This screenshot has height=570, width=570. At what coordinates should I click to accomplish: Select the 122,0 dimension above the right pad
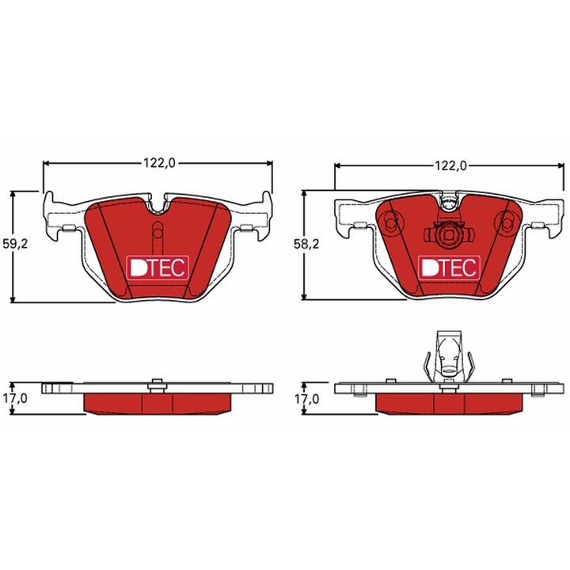tap(450, 165)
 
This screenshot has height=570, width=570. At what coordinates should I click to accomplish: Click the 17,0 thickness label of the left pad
tap(16, 399)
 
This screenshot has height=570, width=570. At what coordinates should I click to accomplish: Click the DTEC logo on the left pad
tap(158, 268)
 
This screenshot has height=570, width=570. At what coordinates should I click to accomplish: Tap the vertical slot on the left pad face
tap(157, 234)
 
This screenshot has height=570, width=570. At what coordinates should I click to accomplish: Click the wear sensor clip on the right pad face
tap(448, 234)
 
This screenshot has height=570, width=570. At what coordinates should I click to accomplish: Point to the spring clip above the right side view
tap(448, 356)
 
